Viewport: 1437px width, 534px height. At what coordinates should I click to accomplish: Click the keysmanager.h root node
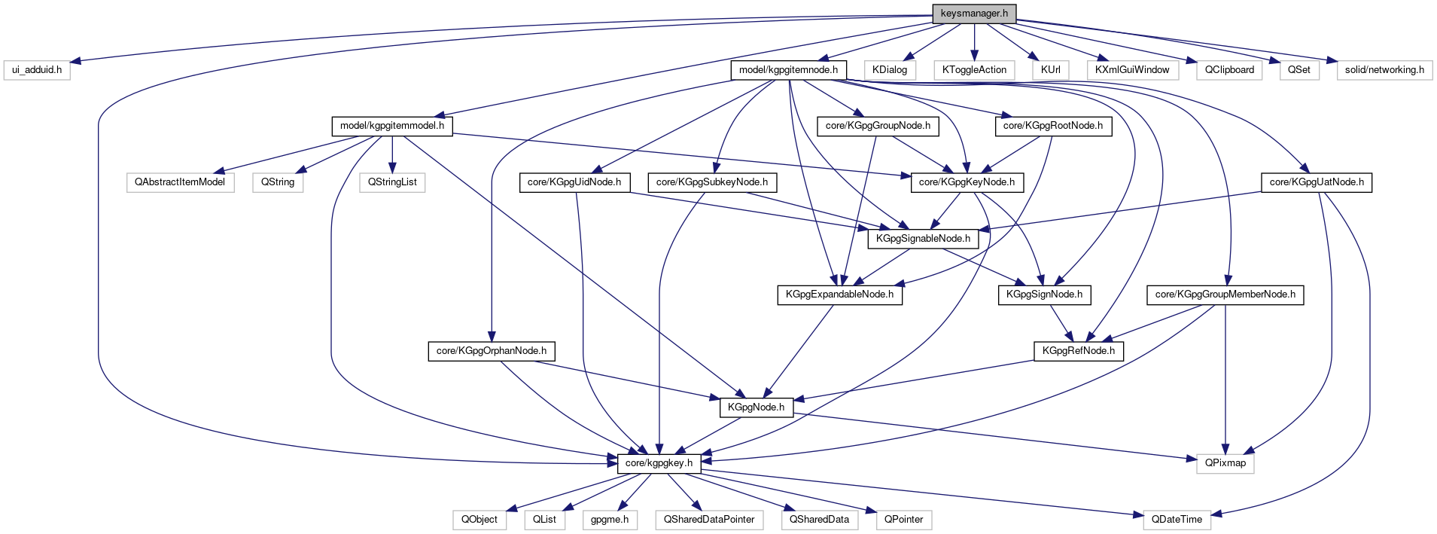pyautogui.click(x=974, y=14)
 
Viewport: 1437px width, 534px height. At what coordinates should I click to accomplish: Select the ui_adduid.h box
pyautogui.click(x=37, y=70)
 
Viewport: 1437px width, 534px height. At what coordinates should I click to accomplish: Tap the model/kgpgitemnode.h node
pyautogui.click(x=788, y=70)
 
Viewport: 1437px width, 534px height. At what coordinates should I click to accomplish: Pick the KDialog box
pyautogui.click(x=890, y=70)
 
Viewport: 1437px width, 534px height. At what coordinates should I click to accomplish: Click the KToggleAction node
pyautogui.click(x=974, y=70)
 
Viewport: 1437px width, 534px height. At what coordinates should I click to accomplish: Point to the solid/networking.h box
pyautogui.click(x=1384, y=70)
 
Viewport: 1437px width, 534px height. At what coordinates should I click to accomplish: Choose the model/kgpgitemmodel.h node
pyautogui.click(x=392, y=126)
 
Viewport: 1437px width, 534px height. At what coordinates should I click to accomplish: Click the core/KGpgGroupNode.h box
pyautogui.click(x=878, y=126)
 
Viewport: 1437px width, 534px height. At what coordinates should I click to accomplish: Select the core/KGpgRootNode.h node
pyautogui.click(x=1052, y=126)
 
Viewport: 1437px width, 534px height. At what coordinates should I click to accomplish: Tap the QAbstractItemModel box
pyautogui.click(x=180, y=182)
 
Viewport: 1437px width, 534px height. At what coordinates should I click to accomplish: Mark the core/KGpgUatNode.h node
pyautogui.click(x=1317, y=182)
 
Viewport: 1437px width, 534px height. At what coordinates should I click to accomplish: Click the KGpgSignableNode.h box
pyautogui.click(x=923, y=239)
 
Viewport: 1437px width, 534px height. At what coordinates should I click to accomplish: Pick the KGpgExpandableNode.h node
pyautogui.click(x=839, y=294)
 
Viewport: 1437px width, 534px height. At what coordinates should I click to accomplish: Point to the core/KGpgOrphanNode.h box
pyautogui.click(x=492, y=351)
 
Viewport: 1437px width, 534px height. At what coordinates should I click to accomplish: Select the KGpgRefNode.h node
pyautogui.click(x=1079, y=351)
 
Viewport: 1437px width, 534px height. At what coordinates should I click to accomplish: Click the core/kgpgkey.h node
pyautogui.click(x=659, y=463)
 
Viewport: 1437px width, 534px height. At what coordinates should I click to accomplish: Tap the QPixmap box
pyautogui.click(x=1225, y=463)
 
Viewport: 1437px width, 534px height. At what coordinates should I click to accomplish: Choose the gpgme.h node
pyautogui.click(x=610, y=520)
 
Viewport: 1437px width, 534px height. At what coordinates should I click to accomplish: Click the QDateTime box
pyautogui.click(x=1177, y=520)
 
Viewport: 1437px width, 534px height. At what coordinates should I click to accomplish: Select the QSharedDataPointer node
pyautogui.click(x=709, y=520)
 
